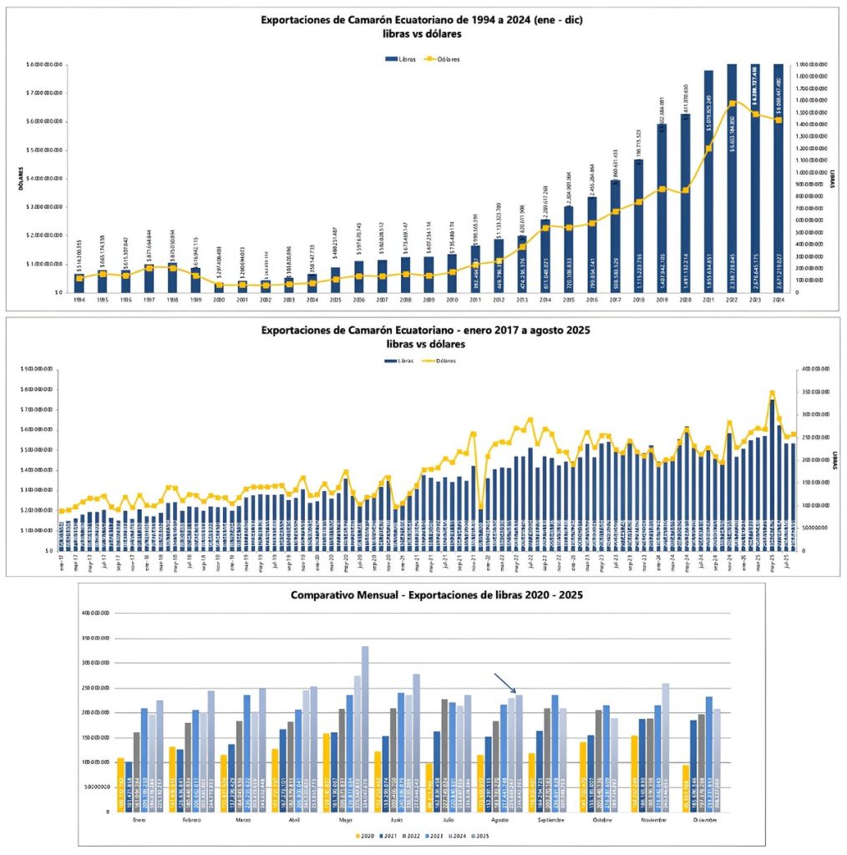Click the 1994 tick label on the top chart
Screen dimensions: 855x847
click(79, 299)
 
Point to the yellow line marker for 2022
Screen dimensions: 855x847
click(733, 104)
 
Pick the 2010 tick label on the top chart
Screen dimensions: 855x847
click(452, 299)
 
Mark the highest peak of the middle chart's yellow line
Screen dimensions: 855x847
click(772, 392)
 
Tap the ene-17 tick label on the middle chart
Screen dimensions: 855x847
click(62, 559)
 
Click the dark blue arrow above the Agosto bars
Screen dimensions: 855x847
click(505, 683)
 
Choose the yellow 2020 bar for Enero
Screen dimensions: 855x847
click(120, 785)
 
